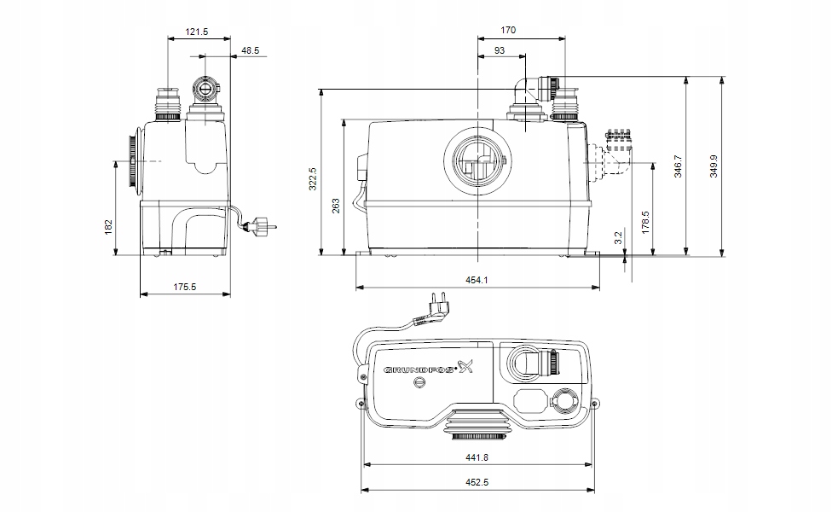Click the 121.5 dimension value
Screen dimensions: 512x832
coord(197,32)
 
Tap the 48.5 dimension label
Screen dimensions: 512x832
coord(250,51)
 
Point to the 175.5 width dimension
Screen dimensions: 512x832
coord(184,288)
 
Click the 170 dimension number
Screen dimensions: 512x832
coord(507,31)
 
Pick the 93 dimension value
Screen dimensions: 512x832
coord(499,51)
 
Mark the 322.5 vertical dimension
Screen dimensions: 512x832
coord(313,177)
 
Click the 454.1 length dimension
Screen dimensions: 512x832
coord(477,279)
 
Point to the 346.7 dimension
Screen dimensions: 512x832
coord(679,166)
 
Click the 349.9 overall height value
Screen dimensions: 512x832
coord(714,166)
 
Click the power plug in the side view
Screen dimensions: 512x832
coord(261,225)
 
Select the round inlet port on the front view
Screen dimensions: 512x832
coord(477,160)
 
